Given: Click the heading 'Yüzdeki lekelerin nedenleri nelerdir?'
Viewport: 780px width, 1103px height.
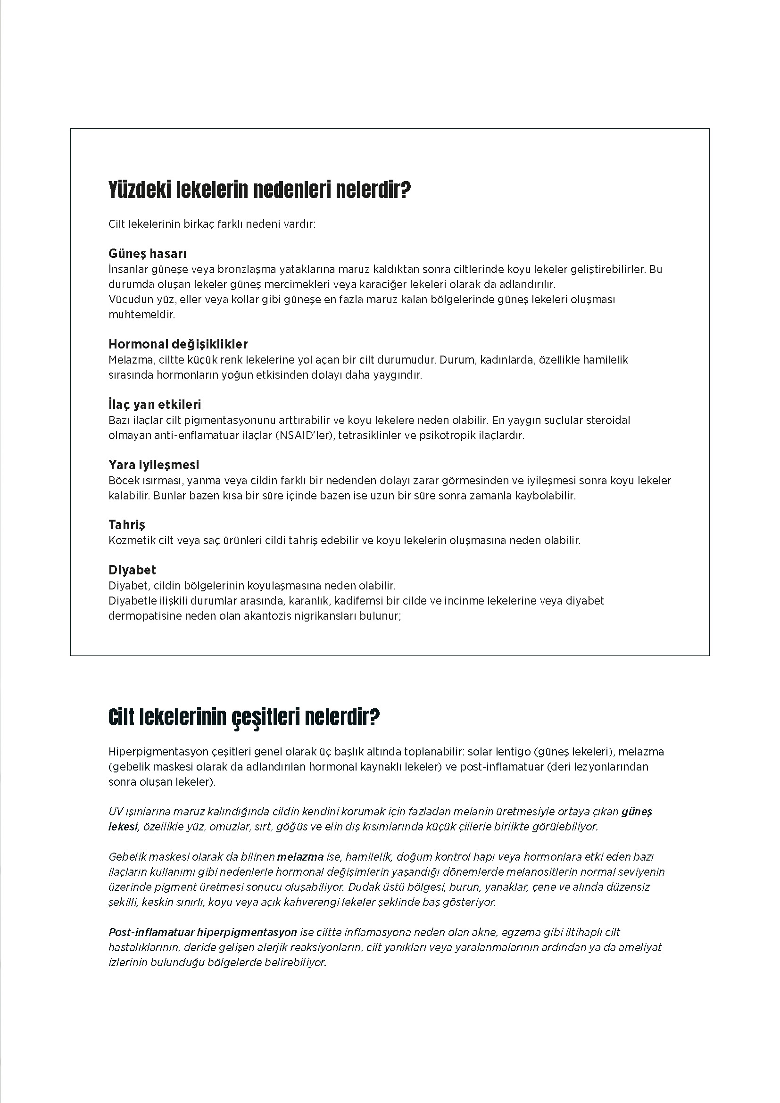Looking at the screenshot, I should [x=259, y=191].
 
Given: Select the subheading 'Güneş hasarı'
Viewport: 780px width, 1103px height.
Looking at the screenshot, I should [x=148, y=254].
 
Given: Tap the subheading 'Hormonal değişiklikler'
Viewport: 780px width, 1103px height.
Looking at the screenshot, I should [x=178, y=344].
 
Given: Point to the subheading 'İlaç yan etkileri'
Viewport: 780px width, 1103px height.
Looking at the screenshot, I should [x=155, y=405].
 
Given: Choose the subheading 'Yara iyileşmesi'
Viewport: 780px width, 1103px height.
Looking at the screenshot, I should [x=154, y=464].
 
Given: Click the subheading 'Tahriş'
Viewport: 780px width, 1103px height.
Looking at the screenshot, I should [x=127, y=524].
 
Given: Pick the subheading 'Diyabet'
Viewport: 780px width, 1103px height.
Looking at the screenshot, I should [x=132, y=570].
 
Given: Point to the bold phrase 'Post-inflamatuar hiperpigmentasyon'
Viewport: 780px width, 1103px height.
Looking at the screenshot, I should [x=203, y=932].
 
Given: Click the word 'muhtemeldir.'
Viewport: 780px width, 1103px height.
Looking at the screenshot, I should [x=141, y=315].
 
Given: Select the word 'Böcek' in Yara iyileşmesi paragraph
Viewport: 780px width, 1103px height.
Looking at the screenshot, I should [x=123, y=481].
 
